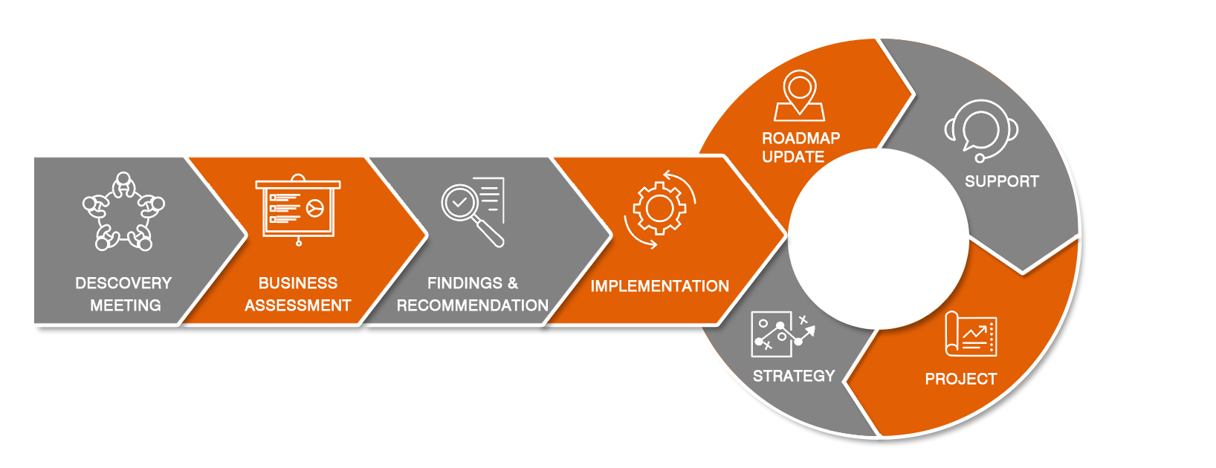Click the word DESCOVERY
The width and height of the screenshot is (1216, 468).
point(123,283)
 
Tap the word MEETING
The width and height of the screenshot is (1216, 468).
point(125,305)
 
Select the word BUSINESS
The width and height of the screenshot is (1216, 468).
point(297,283)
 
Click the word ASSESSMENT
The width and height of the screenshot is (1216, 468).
point(297,305)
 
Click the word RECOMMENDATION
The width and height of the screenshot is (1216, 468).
point(472,305)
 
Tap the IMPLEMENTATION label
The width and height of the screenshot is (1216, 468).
point(659,286)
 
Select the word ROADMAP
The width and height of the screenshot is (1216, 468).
point(801,138)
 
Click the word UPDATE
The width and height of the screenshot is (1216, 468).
point(793,157)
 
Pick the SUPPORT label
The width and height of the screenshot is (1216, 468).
point(1001,181)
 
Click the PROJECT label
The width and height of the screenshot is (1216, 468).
point(960,379)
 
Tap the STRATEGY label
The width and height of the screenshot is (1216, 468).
point(794,376)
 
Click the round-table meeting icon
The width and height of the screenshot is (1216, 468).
point(124,212)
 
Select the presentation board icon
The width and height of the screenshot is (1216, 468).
point(298,209)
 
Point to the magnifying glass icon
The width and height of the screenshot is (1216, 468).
point(473,211)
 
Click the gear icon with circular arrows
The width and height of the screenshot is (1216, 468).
point(659,209)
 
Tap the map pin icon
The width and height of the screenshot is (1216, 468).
point(799,95)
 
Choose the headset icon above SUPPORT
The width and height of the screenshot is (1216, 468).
point(981,130)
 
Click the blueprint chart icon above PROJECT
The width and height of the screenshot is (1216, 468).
point(970,334)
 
